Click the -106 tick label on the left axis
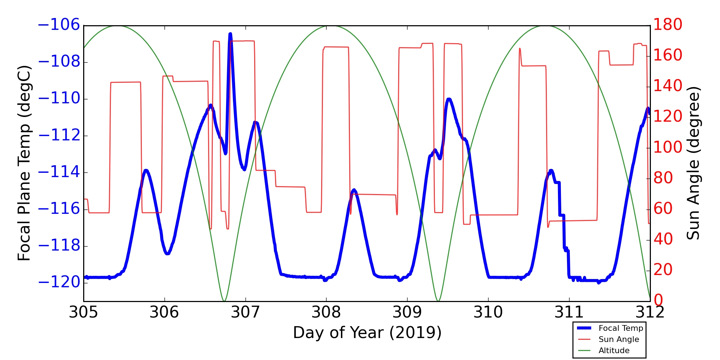pos(59,25)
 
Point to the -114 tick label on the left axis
pos(59,172)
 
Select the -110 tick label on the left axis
pos(59,99)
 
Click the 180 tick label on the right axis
pos(668,25)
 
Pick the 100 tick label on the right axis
pos(668,148)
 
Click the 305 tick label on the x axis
pos(84,312)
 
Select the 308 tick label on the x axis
pos(326,312)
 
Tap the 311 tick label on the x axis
pos(569,312)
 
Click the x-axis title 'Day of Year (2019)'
pos(367,333)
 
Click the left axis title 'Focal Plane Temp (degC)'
pos(24,163)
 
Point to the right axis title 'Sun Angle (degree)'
pos(693,163)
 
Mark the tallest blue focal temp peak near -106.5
pos(230,34)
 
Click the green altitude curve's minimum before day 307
pos(224,301)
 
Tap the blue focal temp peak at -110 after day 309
pos(449,99)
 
